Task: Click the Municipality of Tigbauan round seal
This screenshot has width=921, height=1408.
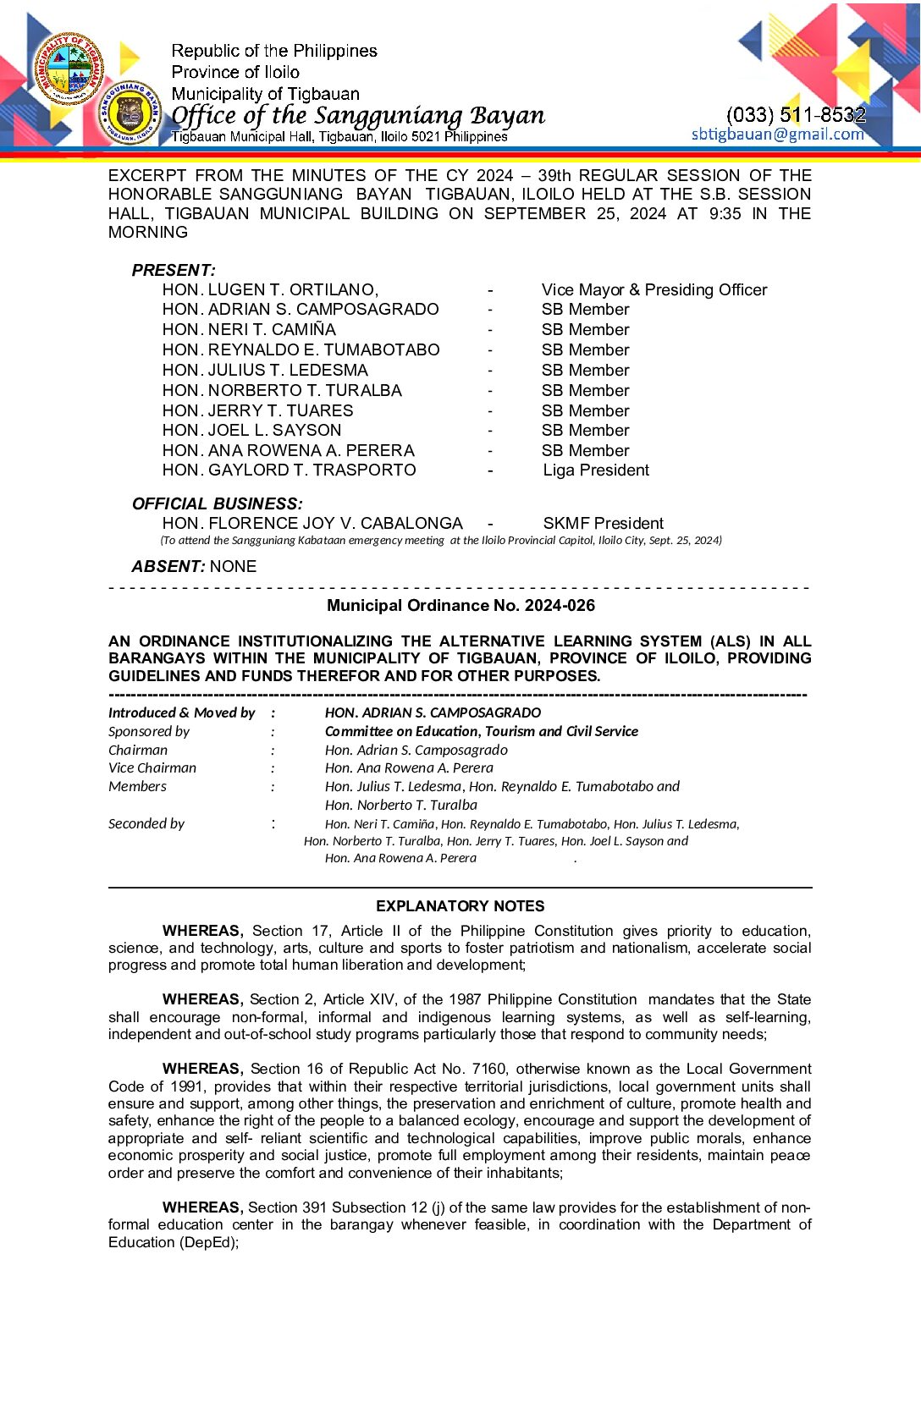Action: pos(69,69)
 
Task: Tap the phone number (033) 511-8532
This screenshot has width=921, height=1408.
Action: pos(796,114)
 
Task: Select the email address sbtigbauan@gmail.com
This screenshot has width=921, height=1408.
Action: pos(777,134)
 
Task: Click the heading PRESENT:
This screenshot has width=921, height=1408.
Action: pos(174,270)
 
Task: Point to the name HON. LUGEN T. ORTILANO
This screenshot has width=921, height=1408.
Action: pos(270,289)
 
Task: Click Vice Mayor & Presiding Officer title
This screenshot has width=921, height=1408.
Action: pos(654,289)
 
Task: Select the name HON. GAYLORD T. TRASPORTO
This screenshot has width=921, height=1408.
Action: pos(289,470)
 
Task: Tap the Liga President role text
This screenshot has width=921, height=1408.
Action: pos(596,470)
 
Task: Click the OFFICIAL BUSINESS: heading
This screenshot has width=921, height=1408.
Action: pos(217,503)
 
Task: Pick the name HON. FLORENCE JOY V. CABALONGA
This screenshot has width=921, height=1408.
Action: pos(312,523)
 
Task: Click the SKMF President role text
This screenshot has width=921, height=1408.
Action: pos(603,523)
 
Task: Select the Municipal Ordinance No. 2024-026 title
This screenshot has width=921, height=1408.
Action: pos(460,605)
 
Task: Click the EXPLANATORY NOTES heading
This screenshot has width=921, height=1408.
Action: pos(460,905)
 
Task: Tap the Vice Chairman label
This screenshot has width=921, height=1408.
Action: pos(152,767)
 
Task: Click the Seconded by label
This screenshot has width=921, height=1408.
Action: pos(146,823)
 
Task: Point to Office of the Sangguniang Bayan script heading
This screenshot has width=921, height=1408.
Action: pos(358,115)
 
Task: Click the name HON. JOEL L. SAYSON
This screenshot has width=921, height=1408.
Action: pos(251,430)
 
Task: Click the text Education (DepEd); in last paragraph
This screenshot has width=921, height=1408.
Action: pos(174,1242)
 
